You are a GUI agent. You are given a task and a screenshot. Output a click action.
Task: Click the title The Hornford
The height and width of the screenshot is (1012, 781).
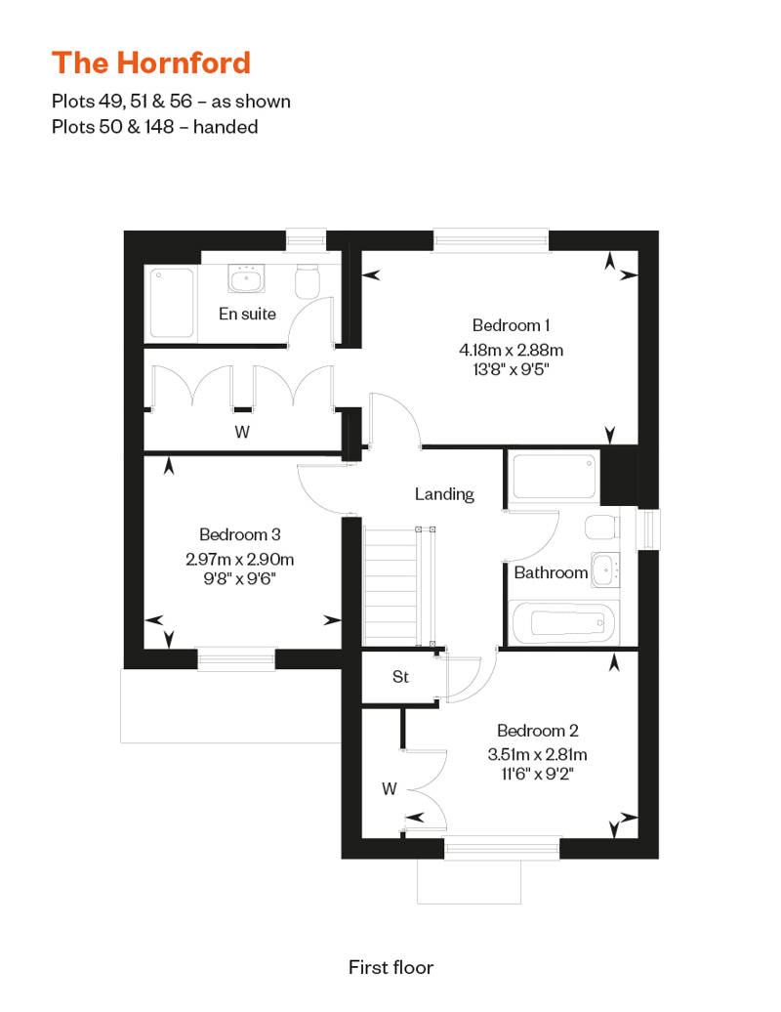[151, 63]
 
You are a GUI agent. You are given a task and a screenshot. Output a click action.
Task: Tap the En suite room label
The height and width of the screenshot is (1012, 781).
[247, 314]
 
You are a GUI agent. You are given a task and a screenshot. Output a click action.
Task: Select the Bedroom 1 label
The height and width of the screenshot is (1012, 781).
[511, 324]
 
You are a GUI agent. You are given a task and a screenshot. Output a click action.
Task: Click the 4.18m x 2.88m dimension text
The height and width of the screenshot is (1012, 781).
[511, 350]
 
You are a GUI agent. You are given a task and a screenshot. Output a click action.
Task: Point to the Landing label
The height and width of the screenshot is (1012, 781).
[444, 494]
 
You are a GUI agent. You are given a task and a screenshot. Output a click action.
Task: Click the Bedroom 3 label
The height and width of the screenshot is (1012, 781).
[240, 534]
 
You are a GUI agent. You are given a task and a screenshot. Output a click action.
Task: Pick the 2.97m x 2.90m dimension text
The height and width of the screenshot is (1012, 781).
[240, 559]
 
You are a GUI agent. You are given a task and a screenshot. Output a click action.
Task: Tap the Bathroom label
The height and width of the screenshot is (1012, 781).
[551, 572]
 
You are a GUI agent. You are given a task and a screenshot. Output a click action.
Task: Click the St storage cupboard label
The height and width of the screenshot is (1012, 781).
[400, 676]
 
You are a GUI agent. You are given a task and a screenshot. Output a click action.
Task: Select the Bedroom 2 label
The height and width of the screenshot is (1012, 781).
[538, 731]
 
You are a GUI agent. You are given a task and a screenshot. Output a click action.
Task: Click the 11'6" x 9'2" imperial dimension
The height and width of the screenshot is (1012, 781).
[538, 774]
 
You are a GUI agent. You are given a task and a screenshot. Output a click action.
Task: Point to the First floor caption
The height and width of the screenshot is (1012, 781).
[390, 967]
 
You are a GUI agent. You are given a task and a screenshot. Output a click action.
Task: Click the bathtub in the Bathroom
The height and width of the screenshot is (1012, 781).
[564, 623]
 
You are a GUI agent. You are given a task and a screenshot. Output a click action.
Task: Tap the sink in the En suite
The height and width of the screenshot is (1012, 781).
[246, 278]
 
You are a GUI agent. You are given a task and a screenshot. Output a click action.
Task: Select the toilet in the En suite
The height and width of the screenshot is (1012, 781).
[308, 280]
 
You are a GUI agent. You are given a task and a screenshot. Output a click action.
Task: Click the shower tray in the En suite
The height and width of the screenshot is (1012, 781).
[171, 304]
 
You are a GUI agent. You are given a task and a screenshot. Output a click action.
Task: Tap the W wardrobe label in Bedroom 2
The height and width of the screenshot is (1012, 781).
[389, 788]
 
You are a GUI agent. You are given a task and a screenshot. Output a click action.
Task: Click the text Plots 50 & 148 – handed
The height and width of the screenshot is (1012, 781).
[155, 127]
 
